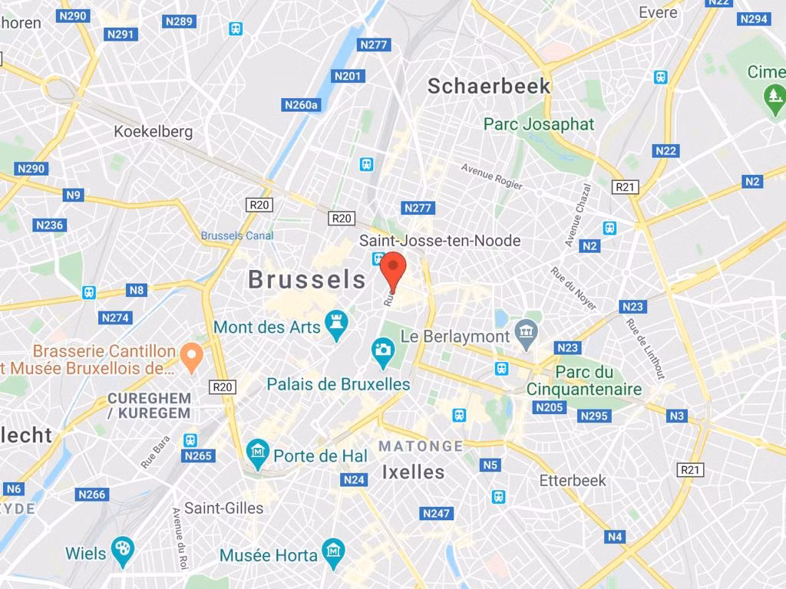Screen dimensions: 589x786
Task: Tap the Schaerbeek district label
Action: (x=489, y=86)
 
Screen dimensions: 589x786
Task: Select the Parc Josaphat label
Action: (x=539, y=123)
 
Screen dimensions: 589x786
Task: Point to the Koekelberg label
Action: (x=154, y=131)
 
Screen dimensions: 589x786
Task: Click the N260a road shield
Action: (x=301, y=105)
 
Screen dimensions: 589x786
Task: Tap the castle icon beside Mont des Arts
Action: (x=335, y=326)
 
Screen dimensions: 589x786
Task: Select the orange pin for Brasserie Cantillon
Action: (x=191, y=353)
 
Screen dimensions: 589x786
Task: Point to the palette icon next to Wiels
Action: (x=122, y=550)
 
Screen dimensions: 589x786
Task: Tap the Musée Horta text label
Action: (x=269, y=554)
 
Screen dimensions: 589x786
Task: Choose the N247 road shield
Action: (x=436, y=513)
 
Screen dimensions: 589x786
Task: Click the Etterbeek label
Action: (x=573, y=480)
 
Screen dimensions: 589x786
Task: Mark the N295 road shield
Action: (x=594, y=416)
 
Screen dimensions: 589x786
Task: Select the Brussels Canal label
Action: (x=237, y=235)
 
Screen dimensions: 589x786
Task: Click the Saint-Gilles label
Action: (x=223, y=508)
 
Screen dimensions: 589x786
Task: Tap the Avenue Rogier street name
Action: (x=491, y=176)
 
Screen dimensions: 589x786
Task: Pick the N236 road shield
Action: (x=49, y=225)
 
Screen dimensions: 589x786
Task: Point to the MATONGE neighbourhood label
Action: (x=421, y=446)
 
